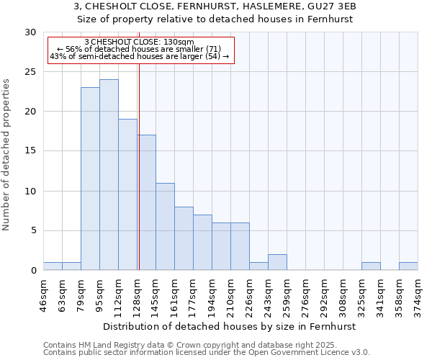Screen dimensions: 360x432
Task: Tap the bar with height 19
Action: [x=127, y=194]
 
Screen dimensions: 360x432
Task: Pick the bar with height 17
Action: [x=146, y=202]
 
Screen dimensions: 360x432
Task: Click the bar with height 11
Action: [x=165, y=226]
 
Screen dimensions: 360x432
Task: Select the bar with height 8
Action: [x=184, y=238]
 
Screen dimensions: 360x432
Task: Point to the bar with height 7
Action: [x=202, y=242]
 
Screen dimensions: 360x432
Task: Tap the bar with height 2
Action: [x=277, y=262]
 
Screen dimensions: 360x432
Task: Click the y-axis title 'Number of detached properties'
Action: [x=6, y=155]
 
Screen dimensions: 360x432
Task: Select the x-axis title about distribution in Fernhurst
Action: [x=230, y=326]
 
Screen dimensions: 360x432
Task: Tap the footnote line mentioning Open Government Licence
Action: [x=207, y=353]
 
